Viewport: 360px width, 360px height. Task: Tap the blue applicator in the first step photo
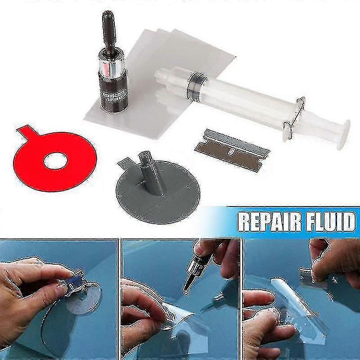coord(72,282)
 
